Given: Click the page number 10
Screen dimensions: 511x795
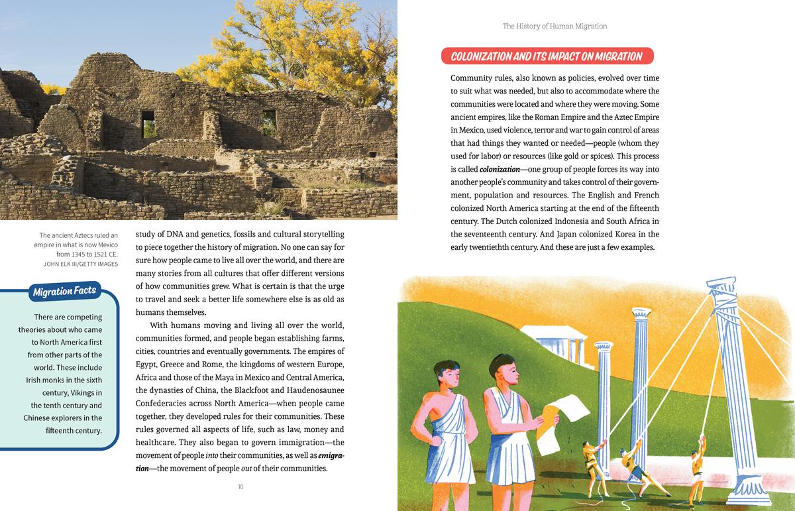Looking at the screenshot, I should click(240, 487).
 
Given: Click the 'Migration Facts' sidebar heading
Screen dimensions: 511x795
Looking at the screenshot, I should click(64, 291).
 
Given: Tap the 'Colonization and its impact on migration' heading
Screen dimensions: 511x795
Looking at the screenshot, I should click(546, 56).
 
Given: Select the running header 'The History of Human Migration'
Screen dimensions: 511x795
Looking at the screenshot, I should click(555, 27).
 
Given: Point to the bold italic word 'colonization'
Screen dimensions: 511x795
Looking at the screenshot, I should click(500, 169).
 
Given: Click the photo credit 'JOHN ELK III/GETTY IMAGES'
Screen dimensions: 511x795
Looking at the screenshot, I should click(80, 264).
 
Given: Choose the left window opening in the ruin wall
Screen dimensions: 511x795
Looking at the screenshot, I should click(148, 123).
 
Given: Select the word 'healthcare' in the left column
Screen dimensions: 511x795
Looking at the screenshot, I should click(156, 443).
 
